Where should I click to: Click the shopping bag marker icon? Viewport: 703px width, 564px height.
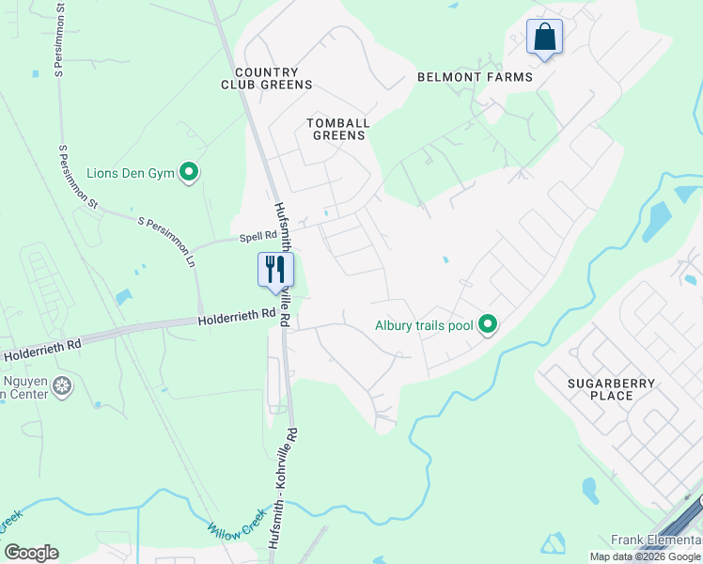544,38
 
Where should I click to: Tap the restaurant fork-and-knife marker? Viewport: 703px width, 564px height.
275,270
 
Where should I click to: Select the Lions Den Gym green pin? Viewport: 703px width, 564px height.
190,172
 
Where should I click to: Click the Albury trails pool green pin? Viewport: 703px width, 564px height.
487,326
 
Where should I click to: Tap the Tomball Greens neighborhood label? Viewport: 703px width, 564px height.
338,129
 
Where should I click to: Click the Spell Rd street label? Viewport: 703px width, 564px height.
258,235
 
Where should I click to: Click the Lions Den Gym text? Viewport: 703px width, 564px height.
131,173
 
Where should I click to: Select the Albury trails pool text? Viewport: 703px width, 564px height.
424,327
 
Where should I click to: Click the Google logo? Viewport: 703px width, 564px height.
31,553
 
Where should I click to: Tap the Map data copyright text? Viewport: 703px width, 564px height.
646,556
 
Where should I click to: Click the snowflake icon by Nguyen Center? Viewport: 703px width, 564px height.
62,385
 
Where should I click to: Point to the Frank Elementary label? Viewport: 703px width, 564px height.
656,540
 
